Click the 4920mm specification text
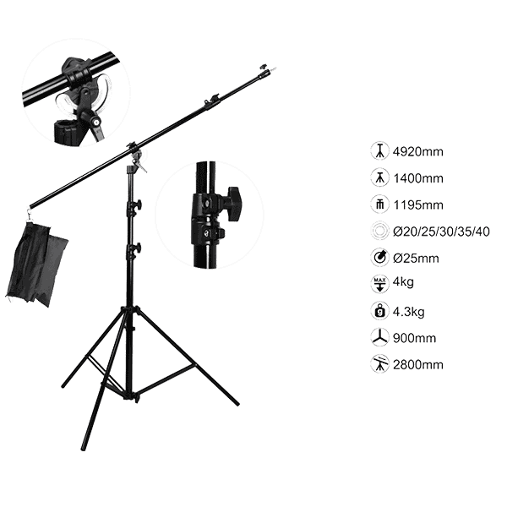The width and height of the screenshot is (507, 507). click(417, 151)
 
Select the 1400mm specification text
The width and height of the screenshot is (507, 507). click(418, 178)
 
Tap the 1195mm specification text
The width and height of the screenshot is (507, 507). click(418, 205)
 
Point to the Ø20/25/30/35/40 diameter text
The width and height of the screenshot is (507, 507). click(441, 232)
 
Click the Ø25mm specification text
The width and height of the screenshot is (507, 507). click(416, 259)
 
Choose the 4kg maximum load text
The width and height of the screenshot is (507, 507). click(403, 282)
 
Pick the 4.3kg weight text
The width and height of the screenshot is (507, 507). click(408, 312)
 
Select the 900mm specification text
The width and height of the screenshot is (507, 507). click(414, 338)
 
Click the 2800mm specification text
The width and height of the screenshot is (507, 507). click(417, 365)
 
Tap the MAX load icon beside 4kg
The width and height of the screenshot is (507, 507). click(379, 284)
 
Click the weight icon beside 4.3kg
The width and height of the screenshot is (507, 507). click(379, 311)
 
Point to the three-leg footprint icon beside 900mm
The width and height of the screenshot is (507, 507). click(379, 337)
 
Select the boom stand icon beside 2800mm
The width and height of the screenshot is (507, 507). click(379, 364)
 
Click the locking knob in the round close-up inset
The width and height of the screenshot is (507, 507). click(233, 203)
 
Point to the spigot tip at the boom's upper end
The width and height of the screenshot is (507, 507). click(274, 68)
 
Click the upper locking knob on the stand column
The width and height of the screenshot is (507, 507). click(138, 204)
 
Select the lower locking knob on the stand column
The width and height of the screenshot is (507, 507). click(138, 248)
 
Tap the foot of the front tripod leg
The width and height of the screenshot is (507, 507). click(84, 448)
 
